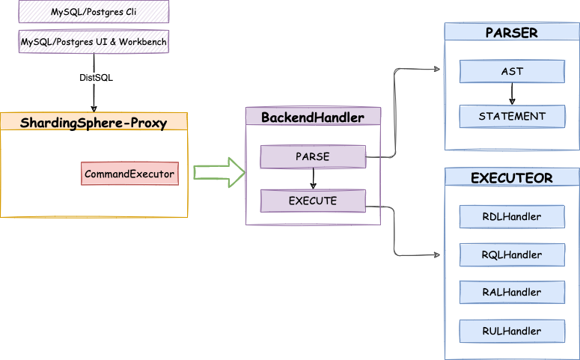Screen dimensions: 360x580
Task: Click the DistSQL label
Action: (96, 78)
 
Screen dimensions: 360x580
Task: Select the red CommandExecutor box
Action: (129, 174)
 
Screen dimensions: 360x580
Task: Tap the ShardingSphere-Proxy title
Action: (94, 122)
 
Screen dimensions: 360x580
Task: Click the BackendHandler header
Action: (313, 117)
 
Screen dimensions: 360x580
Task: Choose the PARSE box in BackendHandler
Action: (313, 156)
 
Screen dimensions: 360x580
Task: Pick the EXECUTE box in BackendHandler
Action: (313, 201)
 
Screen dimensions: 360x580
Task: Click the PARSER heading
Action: (511, 33)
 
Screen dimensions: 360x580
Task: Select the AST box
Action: (512, 72)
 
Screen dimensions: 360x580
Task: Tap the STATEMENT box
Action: (512, 116)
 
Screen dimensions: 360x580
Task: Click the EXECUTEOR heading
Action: (512, 178)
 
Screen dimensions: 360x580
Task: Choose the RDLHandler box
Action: (512, 217)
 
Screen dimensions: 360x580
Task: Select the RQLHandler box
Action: (512, 255)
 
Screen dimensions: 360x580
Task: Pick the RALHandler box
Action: (512, 293)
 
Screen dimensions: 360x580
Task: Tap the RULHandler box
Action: (512, 331)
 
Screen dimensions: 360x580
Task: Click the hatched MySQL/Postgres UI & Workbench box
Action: (94, 41)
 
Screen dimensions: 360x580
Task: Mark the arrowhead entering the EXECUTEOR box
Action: (440, 255)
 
